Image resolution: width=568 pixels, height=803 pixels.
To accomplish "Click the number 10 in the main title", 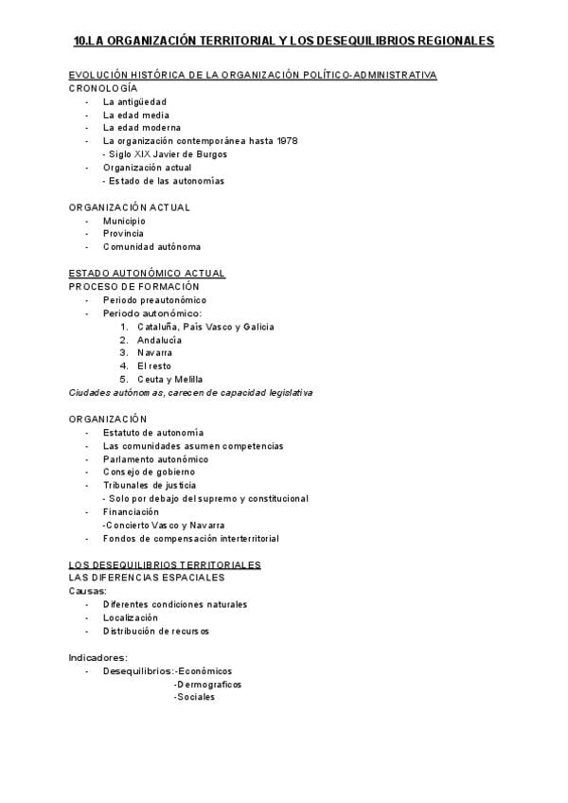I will [80, 42].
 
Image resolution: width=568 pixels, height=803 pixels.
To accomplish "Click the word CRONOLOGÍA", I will [103, 88].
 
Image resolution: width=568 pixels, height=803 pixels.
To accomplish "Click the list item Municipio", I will [124, 221].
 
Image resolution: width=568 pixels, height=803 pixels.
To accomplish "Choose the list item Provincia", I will [123, 234].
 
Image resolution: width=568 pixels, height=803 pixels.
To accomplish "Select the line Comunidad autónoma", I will [151, 247].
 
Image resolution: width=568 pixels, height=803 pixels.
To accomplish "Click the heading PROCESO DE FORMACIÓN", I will [133, 287].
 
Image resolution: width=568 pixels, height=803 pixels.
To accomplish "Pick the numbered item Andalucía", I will [159, 340].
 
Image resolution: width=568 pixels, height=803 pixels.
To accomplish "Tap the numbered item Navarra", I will [154, 353].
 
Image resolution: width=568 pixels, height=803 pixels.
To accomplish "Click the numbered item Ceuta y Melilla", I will [169, 380].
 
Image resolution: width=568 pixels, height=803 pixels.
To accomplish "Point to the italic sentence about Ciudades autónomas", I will [190, 393].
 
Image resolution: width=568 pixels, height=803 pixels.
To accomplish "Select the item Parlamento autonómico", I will [155, 459].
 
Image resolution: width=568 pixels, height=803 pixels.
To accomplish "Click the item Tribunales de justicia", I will [150, 486].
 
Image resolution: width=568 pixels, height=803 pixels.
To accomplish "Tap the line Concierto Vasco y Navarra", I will [164, 526].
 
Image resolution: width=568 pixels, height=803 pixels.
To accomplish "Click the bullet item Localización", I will [131, 617].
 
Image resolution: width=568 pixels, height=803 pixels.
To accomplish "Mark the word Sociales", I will [195, 697].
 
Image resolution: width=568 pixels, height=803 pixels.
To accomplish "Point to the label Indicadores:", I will [98, 657].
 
